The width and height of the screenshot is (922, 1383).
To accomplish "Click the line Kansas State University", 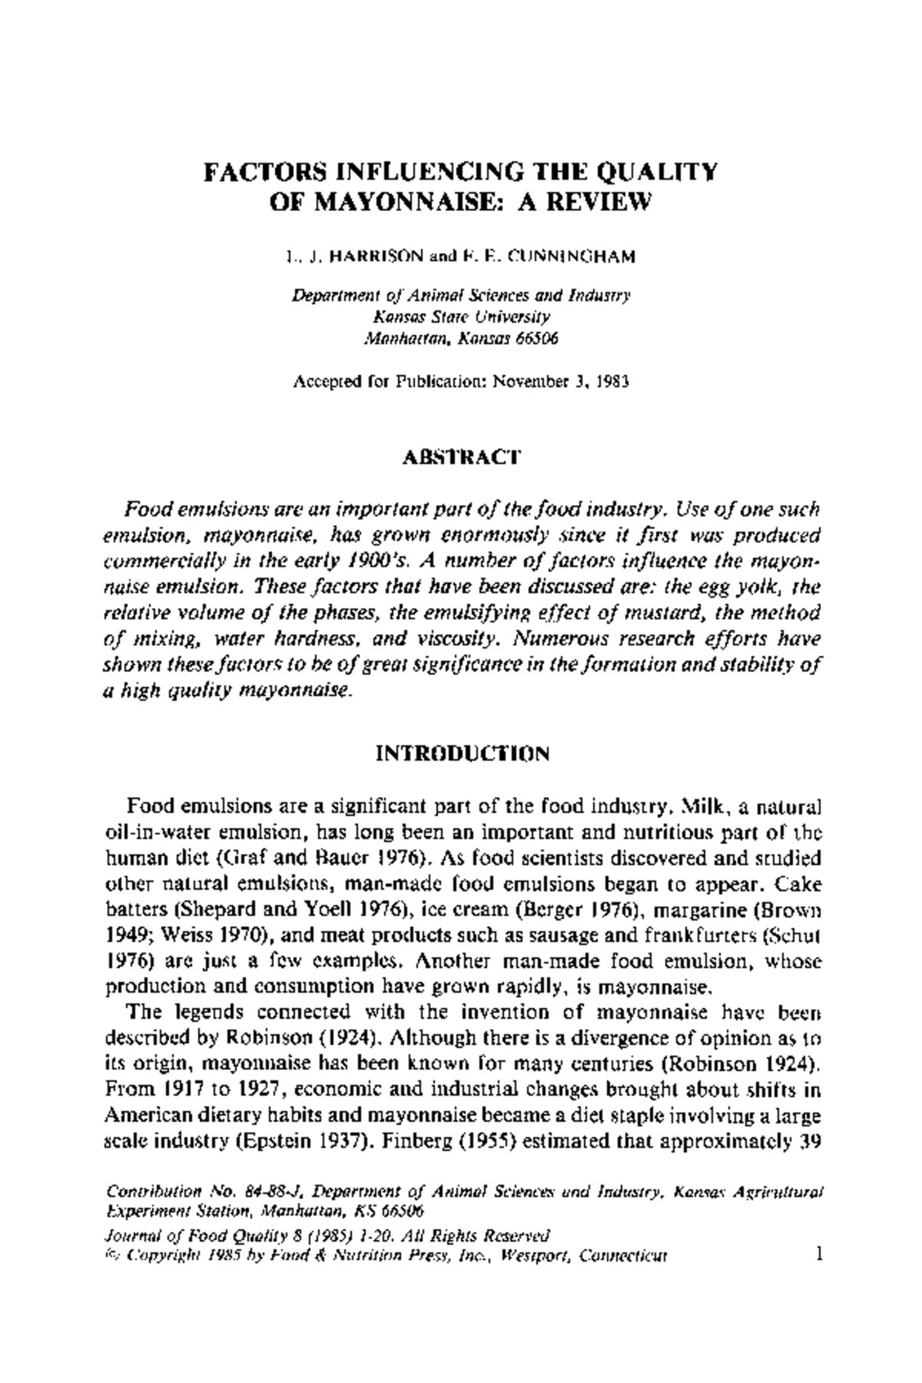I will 462,317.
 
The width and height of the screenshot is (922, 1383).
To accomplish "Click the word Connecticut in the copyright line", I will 623,1257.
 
